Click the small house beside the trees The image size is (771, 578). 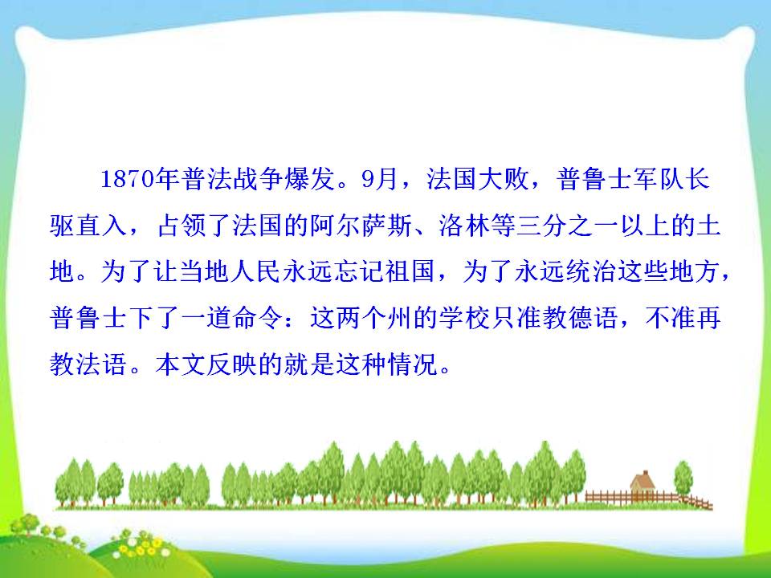642,484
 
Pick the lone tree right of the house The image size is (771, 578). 683,480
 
